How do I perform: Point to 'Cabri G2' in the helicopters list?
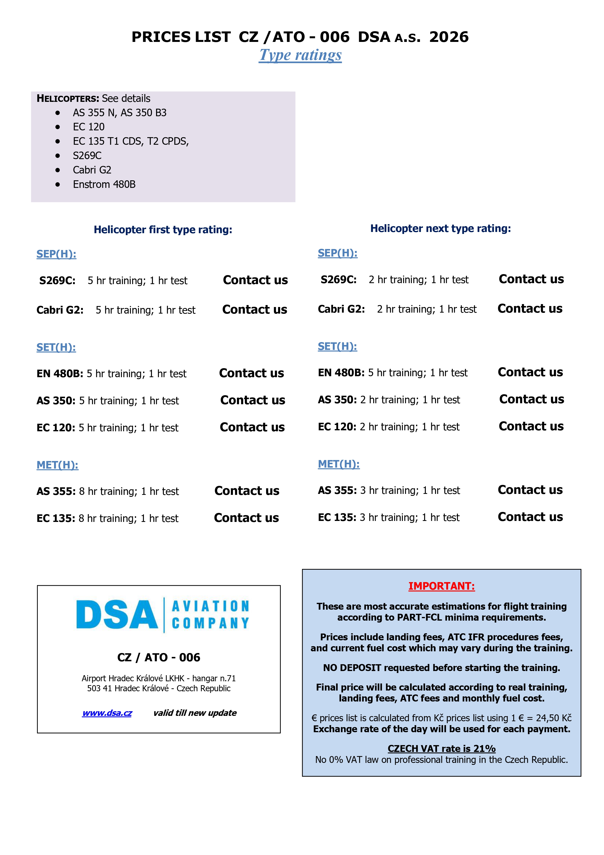point(92,170)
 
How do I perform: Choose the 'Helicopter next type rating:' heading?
point(440,229)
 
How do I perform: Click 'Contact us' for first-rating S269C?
point(255,280)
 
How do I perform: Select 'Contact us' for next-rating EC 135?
point(530,517)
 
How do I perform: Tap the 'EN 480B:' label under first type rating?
point(60,374)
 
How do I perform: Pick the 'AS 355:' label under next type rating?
point(337,490)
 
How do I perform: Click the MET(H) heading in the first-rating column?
point(57,465)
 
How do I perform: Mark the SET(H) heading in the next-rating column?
point(337,347)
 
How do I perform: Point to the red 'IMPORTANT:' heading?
point(441,586)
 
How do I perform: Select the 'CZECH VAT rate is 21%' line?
point(441,749)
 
